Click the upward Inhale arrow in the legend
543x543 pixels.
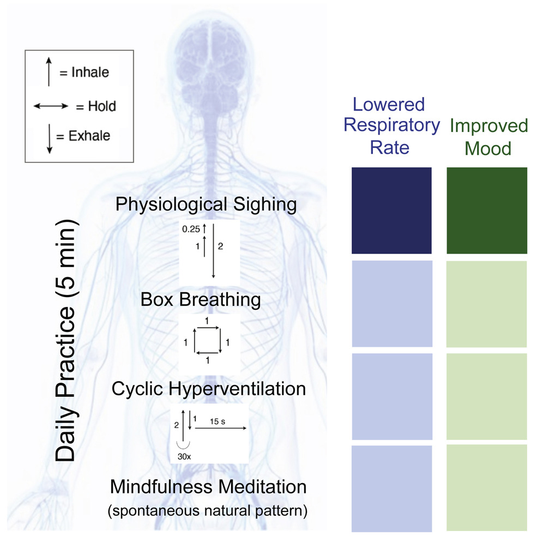coord(49,73)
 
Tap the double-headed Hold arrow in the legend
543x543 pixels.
coord(51,106)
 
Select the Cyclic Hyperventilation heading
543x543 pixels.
coord(209,389)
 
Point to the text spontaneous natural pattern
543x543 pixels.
coord(207,511)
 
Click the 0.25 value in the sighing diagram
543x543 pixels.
coord(190,230)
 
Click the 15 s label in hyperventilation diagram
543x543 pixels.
coord(216,421)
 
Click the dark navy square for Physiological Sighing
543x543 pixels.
coord(391,210)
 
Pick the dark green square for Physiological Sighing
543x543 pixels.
coord(486,210)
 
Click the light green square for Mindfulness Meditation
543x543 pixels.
coord(486,488)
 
